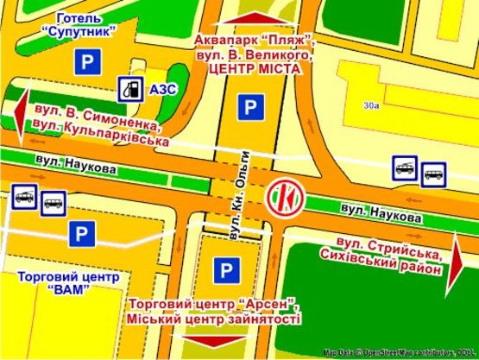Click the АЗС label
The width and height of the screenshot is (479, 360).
[161, 88]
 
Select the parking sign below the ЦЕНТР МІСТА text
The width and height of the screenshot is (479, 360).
[250, 108]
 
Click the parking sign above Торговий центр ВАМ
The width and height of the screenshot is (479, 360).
[81, 232]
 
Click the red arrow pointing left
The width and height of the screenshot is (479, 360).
[21, 112]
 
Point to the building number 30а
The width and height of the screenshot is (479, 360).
[372, 105]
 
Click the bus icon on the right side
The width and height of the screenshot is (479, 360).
[433, 168]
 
